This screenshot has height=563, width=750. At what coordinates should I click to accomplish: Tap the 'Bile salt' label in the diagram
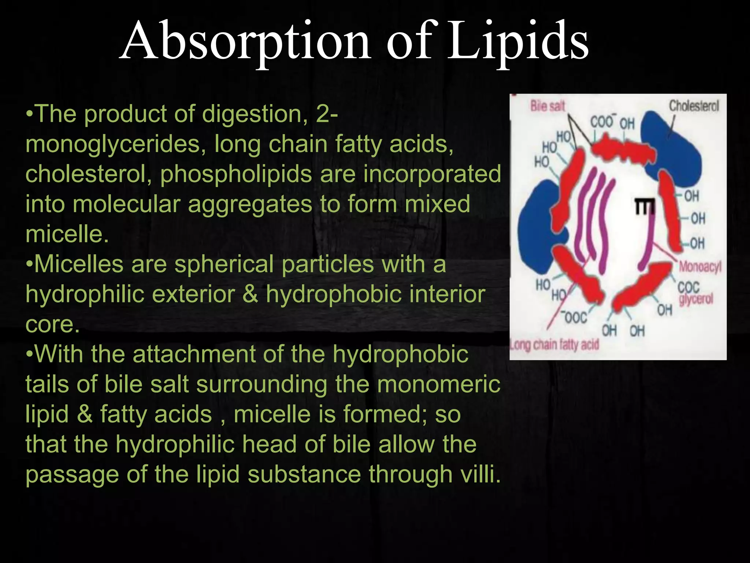click(x=547, y=106)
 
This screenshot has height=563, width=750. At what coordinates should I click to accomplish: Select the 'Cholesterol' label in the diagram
click(x=694, y=106)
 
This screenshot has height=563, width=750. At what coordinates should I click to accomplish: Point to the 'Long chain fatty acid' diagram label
click(x=554, y=345)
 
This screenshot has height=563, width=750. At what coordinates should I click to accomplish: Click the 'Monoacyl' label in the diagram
click(x=699, y=266)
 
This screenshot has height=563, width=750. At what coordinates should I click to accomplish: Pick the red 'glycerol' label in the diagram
click(x=696, y=299)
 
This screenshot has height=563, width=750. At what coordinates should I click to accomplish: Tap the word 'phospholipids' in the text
click(x=236, y=174)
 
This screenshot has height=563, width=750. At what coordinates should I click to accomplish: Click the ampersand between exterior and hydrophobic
click(x=250, y=294)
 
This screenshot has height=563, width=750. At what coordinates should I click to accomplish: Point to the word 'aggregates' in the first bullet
click(x=249, y=204)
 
